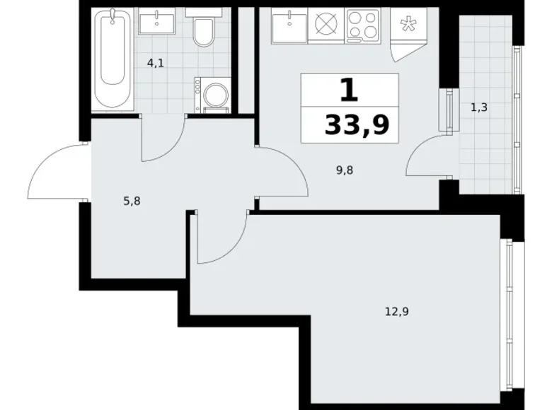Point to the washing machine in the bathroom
click(x=210, y=94)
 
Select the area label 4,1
click(x=156, y=62)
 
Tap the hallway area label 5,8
click(x=132, y=200)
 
